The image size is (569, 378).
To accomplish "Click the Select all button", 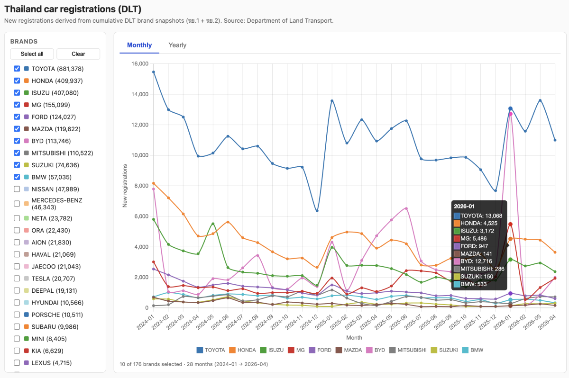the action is (x=32, y=54).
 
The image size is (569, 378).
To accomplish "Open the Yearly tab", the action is (x=177, y=45).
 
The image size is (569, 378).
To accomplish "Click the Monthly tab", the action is (x=139, y=45).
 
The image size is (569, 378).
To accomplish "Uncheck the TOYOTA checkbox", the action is (x=17, y=69).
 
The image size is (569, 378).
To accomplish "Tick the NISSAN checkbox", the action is (x=17, y=189).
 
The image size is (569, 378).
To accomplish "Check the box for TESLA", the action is (x=17, y=279).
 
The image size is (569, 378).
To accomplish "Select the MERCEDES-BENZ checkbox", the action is (x=17, y=204).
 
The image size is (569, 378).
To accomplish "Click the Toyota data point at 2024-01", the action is (x=154, y=72).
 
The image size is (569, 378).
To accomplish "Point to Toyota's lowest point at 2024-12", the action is (x=317, y=211).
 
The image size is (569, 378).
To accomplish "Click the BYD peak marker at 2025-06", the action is (x=406, y=208).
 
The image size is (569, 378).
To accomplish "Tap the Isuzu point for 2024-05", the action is (x=213, y=224).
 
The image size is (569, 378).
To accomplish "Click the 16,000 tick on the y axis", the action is (x=140, y=63).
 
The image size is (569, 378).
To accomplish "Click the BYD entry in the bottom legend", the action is (x=376, y=350).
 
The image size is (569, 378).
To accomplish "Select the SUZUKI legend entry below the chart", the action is (x=444, y=350).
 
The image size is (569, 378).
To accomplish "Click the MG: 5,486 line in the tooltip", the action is (x=470, y=238).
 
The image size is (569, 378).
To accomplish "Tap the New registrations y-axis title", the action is (x=125, y=186).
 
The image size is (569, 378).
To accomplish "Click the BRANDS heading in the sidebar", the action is (x=24, y=41).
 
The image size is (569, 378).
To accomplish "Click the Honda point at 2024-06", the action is (x=228, y=222).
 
